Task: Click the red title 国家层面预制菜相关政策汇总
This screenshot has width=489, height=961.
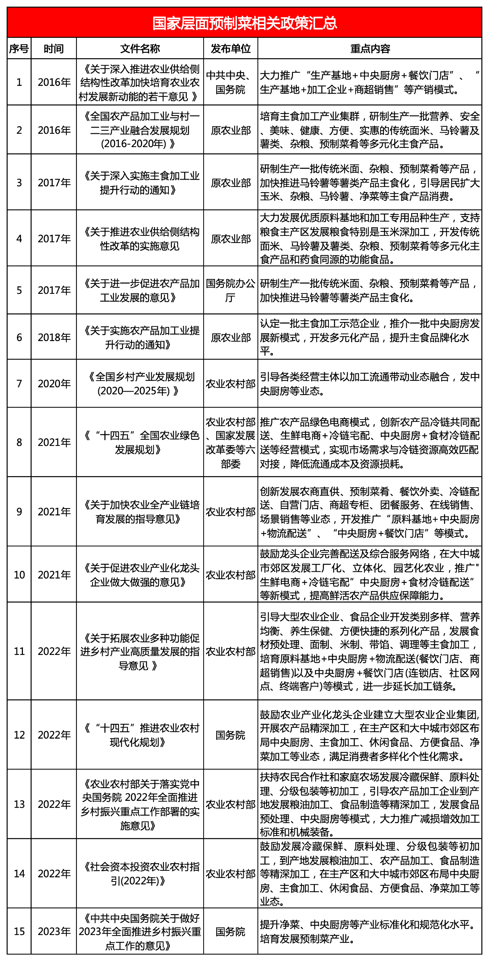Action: pos(244,23)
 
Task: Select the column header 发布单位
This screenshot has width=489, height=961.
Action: pos(231,49)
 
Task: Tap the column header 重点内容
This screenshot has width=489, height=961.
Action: pos(370,49)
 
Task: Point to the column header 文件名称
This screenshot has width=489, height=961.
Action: pos(140,49)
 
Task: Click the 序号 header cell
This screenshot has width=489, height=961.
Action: pos(19,49)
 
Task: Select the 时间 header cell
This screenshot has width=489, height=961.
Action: pos(54,49)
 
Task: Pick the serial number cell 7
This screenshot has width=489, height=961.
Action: pos(19,383)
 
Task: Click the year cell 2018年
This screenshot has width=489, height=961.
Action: pos(54,337)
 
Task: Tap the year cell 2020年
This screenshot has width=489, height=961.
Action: pos(54,383)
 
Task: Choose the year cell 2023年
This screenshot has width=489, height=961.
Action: pos(54,931)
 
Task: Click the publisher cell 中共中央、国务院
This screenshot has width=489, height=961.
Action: pos(231,82)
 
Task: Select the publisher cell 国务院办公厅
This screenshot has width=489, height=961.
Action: pos(231,290)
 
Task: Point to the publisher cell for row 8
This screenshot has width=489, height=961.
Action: pos(231,442)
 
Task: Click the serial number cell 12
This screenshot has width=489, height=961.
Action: pos(19,734)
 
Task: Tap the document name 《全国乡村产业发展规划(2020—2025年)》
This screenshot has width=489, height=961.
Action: pos(140,384)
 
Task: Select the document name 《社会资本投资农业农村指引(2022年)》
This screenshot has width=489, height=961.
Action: pos(140,873)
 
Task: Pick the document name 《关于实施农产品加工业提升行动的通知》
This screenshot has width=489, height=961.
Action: pos(140,337)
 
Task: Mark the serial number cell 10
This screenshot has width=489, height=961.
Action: pos(19,575)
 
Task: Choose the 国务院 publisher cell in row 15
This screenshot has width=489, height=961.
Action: pos(231,931)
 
